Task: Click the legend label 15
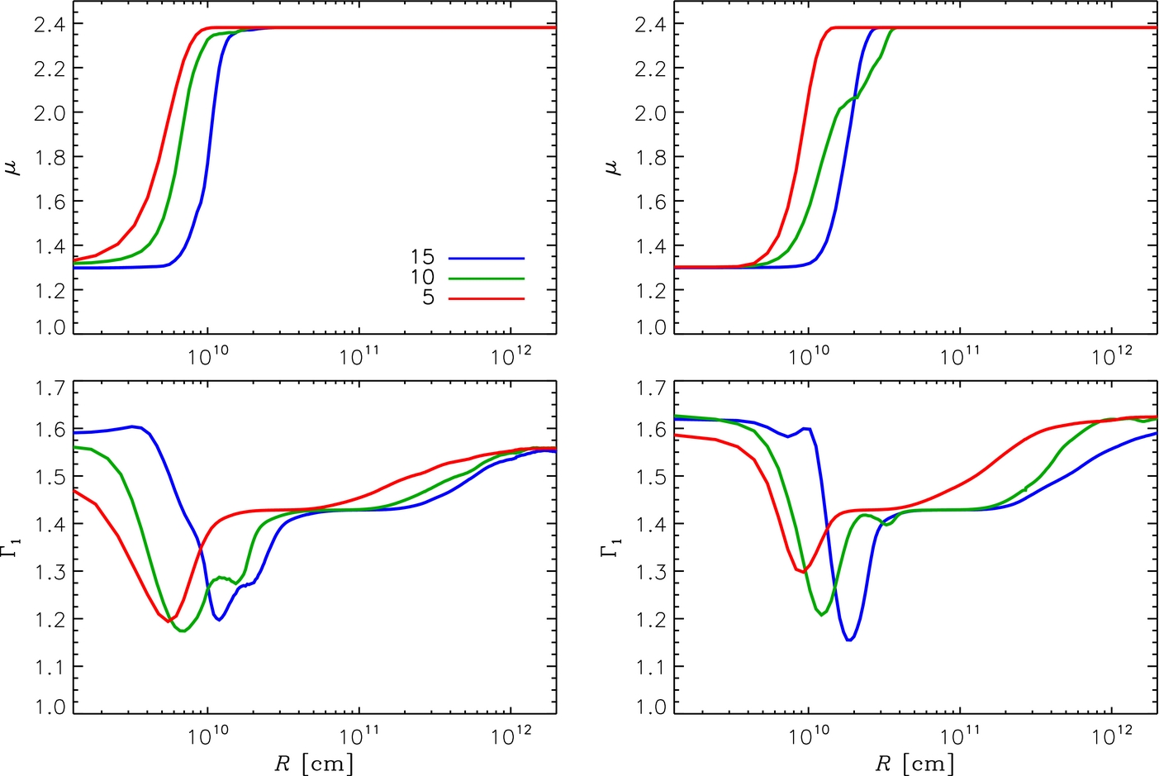pos(422,257)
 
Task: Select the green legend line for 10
pos(487,279)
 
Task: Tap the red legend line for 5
pos(487,298)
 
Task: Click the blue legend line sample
pos(487,258)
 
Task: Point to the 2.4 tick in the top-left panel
pos(50,24)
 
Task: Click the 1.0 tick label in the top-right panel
pos(651,327)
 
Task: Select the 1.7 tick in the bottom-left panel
pos(50,388)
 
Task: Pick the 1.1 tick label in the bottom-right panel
pos(651,667)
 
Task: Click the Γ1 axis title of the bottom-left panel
pos(15,548)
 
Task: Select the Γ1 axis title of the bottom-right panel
pos(614,548)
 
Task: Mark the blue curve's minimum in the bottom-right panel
pos(849,640)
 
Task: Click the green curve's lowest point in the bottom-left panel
pos(183,631)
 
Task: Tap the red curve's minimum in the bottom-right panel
pos(804,572)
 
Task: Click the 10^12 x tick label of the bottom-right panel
pos(1111,736)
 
